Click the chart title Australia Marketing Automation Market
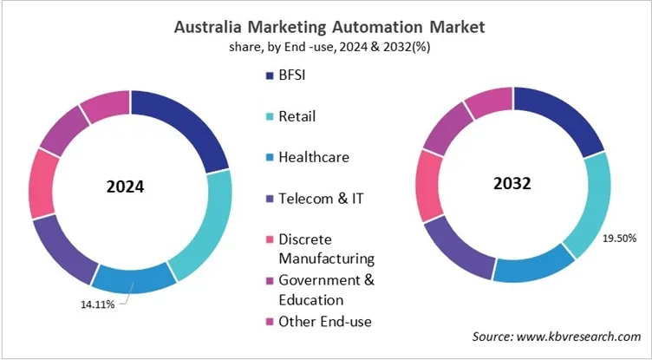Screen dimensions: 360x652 click(327, 27)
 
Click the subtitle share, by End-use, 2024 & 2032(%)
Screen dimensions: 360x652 click(326, 47)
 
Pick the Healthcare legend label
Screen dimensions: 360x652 click(314, 157)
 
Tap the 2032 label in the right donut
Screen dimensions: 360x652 click(513, 184)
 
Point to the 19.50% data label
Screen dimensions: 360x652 click(617, 236)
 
